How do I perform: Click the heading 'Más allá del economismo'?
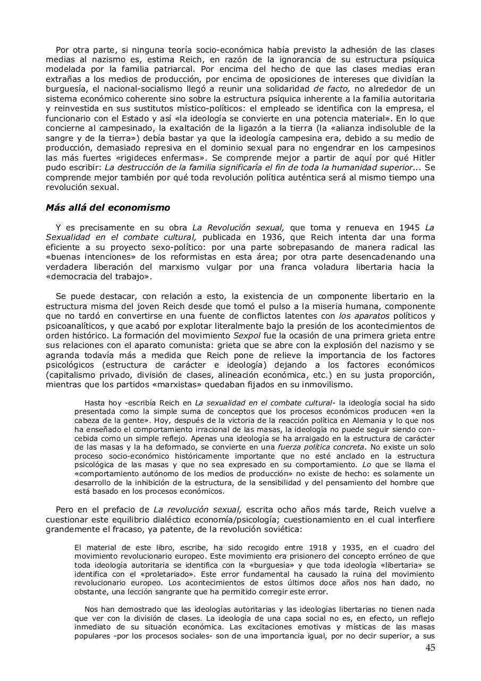pos(108,208)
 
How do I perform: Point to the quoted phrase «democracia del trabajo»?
pos(87,276)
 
